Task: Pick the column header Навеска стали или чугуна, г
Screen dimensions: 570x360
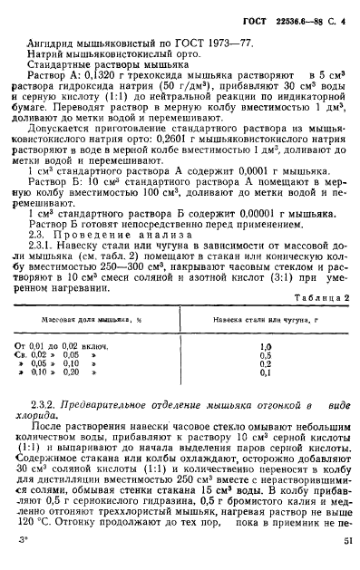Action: point(261,320)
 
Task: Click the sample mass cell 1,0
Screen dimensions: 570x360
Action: point(266,346)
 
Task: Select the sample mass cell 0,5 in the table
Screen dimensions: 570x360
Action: point(266,355)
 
